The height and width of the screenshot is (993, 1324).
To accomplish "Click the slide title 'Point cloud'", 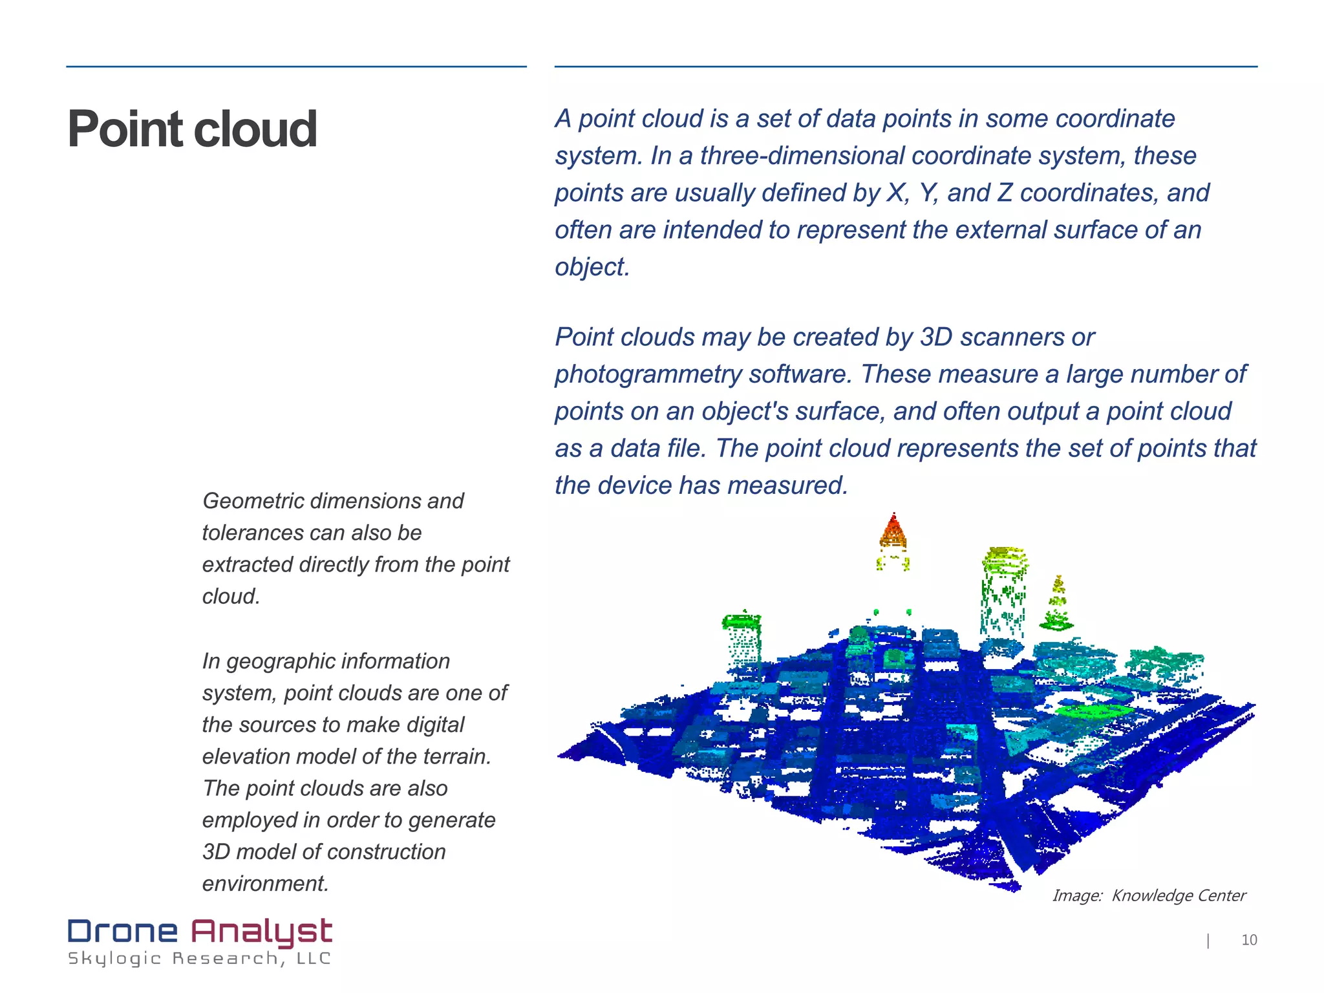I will pos(192,129).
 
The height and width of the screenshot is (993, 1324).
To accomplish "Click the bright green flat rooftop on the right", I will pos(1094,710).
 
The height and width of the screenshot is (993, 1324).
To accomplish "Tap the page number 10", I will pos(1249,940).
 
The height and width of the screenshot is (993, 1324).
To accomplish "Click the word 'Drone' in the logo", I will pos(123,932).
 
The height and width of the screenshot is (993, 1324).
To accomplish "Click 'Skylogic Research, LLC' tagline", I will pos(199,959).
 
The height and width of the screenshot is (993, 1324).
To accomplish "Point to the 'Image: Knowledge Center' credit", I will pos(1149,895).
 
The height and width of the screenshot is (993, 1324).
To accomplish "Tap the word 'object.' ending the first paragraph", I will pos(592,267).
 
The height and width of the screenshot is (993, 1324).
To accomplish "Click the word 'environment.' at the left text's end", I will pos(266,883).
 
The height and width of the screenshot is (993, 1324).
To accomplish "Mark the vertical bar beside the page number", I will pos(1208,941).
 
